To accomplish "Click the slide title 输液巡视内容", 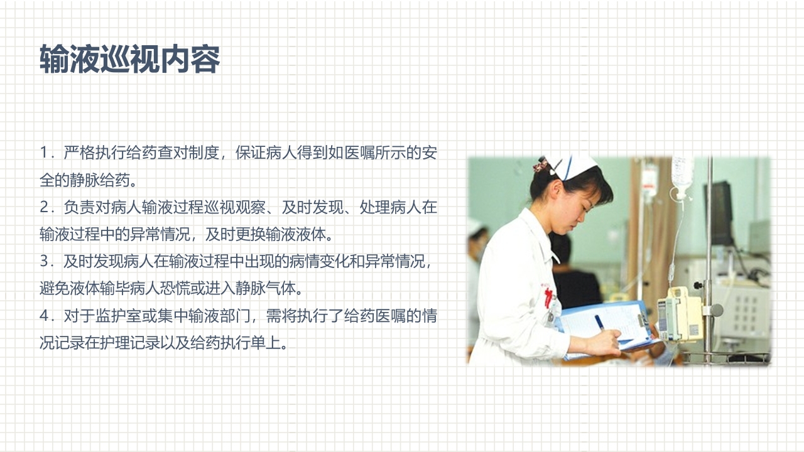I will coord(130,60).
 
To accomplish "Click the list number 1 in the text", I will coord(44,153).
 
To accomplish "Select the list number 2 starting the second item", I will coord(44,207).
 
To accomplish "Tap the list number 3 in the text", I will coord(44,261).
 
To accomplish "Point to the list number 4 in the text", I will coord(44,316).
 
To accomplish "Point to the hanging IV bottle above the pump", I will coord(682,171).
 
